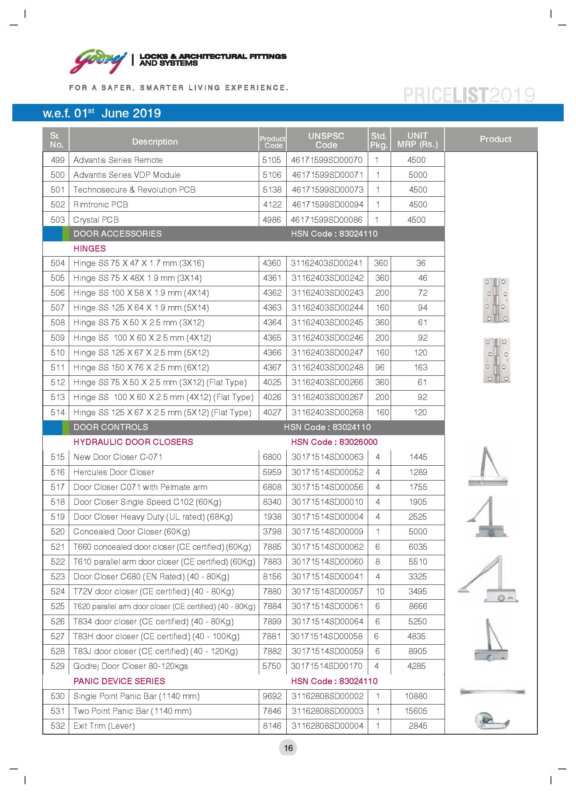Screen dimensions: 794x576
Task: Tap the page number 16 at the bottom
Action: pyautogui.click(x=288, y=748)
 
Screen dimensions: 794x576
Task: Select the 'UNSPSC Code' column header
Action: pyautogui.click(x=326, y=140)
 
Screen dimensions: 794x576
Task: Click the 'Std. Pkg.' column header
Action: pyautogui.click(x=378, y=140)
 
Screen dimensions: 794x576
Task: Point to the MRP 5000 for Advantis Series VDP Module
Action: pyautogui.click(x=417, y=175)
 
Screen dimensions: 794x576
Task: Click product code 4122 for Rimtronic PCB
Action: pyautogui.click(x=272, y=204)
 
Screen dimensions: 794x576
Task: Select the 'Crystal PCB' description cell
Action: pyautogui.click(x=96, y=220)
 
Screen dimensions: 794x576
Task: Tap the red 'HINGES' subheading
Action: pyautogui.click(x=89, y=249)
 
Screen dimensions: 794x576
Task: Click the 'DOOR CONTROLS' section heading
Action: pyautogui.click(x=111, y=427)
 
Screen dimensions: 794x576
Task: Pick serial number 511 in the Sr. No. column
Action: pyautogui.click(x=57, y=367)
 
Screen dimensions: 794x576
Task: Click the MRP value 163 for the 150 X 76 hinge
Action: pyautogui.click(x=420, y=367)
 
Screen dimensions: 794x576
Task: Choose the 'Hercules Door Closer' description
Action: pyautogui.click(x=114, y=472)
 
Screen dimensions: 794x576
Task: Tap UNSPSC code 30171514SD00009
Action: pyautogui.click(x=327, y=531)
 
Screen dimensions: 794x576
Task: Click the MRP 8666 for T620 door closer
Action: pyautogui.click(x=418, y=606)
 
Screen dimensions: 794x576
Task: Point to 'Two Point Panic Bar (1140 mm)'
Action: pyautogui.click(x=132, y=711)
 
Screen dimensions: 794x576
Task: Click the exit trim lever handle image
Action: pyautogui.click(x=492, y=720)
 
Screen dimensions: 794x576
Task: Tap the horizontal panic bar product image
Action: pyautogui.click(x=492, y=692)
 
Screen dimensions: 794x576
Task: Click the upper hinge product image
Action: pyautogui.click(x=496, y=300)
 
